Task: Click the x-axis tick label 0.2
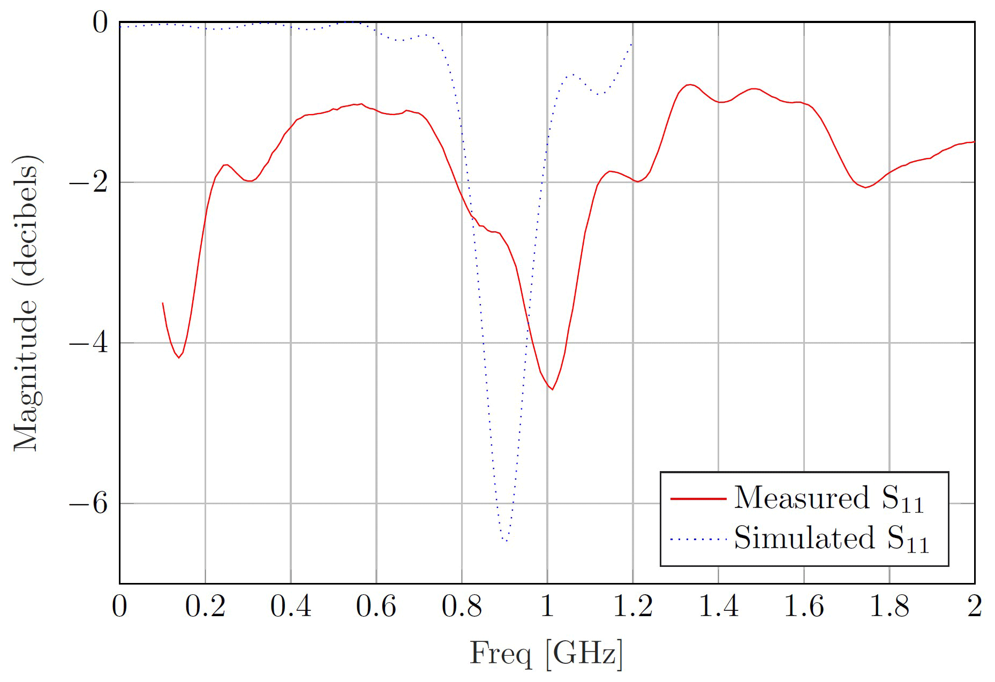tap(205, 607)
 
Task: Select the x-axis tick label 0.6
tap(376, 607)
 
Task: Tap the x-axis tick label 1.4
tap(718, 607)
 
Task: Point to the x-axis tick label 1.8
tap(889, 607)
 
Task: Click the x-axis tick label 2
tap(975, 607)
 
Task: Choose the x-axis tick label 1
tap(547, 607)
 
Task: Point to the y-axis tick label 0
tap(100, 22)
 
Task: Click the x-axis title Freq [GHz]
tap(547, 654)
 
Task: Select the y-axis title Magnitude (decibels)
tap(26, 303)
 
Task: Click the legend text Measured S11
tap(828, 498)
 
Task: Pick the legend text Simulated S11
tap(831, 539)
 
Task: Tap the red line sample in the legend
tap(698, 498)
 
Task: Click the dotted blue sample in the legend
tap(698, 539)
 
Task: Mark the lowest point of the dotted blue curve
tap(505, 541)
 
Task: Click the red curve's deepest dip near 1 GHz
tap(552, 389)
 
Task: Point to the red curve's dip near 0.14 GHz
tap(179, 357)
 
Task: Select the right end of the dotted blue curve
tap(632, 43)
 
